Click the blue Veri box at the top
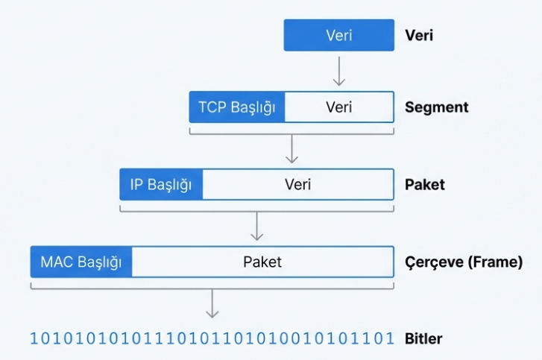338,35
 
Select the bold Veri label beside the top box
419,35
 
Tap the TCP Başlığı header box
237,107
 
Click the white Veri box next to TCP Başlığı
339,107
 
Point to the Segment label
436,107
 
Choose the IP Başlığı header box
161,184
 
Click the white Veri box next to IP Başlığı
297,184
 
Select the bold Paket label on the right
425,184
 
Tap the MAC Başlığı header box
81,262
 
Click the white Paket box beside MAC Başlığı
262,262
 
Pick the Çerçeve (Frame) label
463,262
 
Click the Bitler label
423,339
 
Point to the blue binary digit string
212,339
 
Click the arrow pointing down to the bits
212,303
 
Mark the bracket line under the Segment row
292,133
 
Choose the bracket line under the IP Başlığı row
256,211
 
